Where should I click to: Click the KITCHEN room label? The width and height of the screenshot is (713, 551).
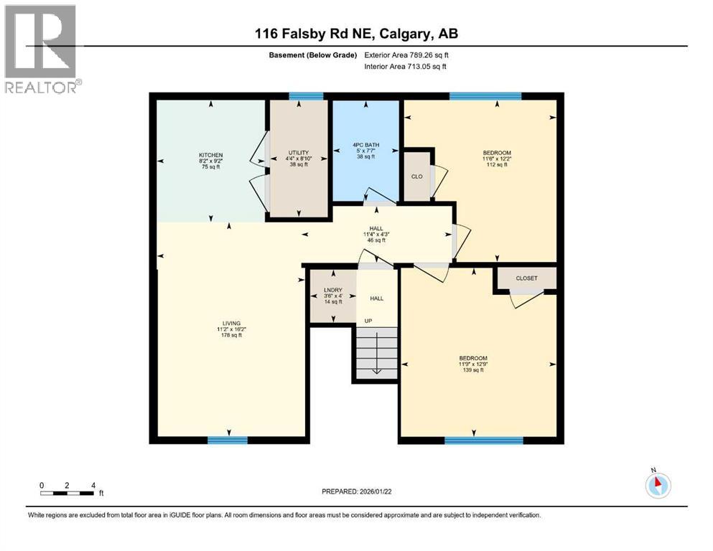[210, 156]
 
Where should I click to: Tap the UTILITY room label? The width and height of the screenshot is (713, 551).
[298, 153]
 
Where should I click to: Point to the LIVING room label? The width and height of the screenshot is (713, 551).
[230, 323]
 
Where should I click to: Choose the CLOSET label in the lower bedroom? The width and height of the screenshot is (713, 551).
[526, 278]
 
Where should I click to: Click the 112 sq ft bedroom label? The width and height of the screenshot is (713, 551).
[496, 153]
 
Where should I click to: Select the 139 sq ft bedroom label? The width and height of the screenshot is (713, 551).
[473, 358]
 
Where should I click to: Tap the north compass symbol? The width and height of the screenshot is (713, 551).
[658, 484]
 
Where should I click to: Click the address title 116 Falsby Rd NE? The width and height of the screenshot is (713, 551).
[356, 34]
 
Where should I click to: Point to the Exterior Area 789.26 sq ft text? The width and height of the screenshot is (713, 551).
[408, 55]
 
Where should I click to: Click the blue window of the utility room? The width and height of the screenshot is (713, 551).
[299, 96]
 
